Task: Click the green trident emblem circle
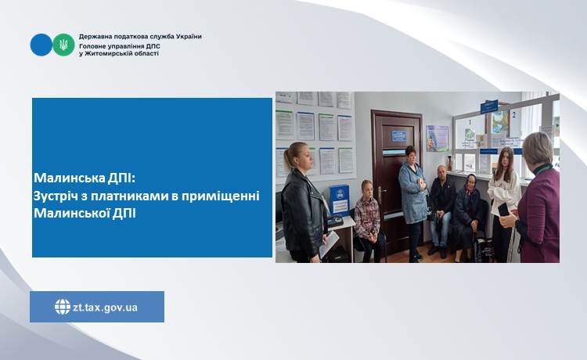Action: [63, 45]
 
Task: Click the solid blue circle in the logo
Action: [41, 45]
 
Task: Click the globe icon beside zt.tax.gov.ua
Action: [63, 307]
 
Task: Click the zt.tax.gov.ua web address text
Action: [105, 308]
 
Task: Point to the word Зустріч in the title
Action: [56, 196]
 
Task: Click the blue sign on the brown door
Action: [399, 135]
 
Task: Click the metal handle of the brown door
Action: [380, 193]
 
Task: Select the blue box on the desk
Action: [340, 200]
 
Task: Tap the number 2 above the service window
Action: [514, 115]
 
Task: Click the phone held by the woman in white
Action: [503, 210]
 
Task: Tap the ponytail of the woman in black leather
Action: [288, 157]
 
